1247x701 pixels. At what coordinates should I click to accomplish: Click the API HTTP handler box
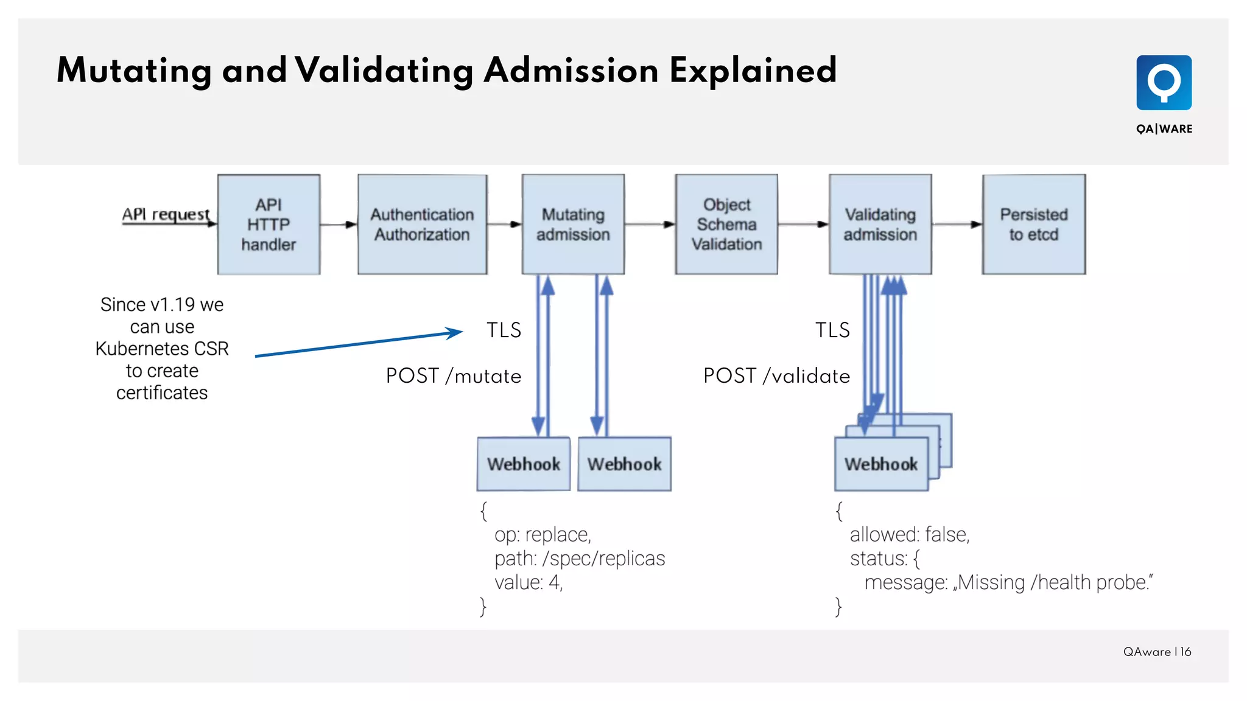point(269,225)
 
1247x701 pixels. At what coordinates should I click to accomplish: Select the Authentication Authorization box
point(422,225)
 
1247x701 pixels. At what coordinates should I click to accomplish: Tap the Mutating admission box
point(573,225)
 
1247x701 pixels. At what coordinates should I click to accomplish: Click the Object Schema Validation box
point(726,225)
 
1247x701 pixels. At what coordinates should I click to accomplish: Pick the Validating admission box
point(880,225)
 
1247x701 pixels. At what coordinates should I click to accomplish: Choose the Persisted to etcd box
point(1033,225)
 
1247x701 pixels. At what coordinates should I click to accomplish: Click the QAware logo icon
point(1164,83)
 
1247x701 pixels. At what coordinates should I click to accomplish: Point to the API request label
point(166,214)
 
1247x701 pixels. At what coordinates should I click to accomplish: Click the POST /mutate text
point(454,375)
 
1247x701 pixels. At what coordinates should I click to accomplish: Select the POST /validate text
point(776,375)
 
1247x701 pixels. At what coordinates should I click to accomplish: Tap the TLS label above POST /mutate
point(504,330)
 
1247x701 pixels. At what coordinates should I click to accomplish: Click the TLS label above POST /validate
point(832,330)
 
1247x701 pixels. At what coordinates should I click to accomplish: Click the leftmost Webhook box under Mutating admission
point(524,464)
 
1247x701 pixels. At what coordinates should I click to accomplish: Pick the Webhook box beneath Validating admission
point(880,464)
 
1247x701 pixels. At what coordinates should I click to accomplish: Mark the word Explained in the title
point(753,71)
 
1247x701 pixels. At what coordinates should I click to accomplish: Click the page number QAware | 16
point(1157,652)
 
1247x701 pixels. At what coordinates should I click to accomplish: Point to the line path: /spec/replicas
point(579,558)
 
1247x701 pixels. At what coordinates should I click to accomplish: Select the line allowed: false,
point(909,534)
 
